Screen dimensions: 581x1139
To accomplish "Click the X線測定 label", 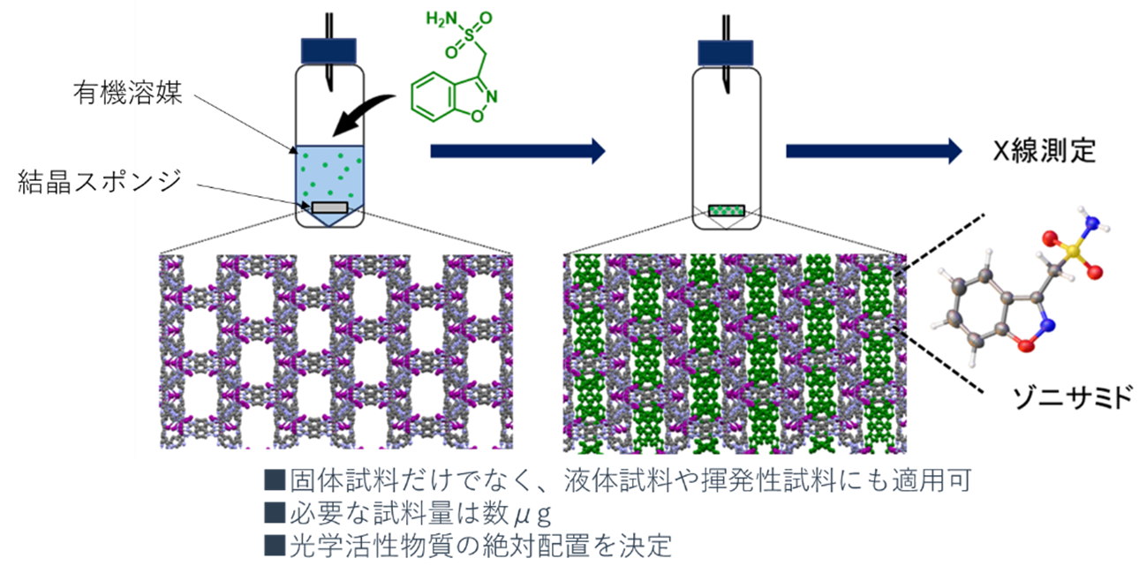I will pyautogui.click(x=1042, y=151).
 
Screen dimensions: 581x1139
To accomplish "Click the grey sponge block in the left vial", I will pyautogui.click(x=328, y=207).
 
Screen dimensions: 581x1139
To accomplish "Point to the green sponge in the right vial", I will pyautogui.click(x=727, y=210).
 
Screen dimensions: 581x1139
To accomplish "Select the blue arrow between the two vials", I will pyautogui.click(x=517, y=151).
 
